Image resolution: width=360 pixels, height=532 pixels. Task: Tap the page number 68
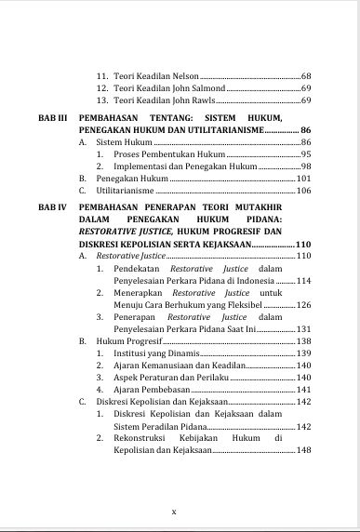pos(306,74)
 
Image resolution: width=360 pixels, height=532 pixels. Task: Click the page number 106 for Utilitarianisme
pos(303,190)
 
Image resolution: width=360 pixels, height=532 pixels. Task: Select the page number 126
pos(303,304)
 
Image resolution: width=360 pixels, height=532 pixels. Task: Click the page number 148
pos(303,450)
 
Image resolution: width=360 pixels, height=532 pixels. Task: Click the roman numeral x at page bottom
pos(174,511)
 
